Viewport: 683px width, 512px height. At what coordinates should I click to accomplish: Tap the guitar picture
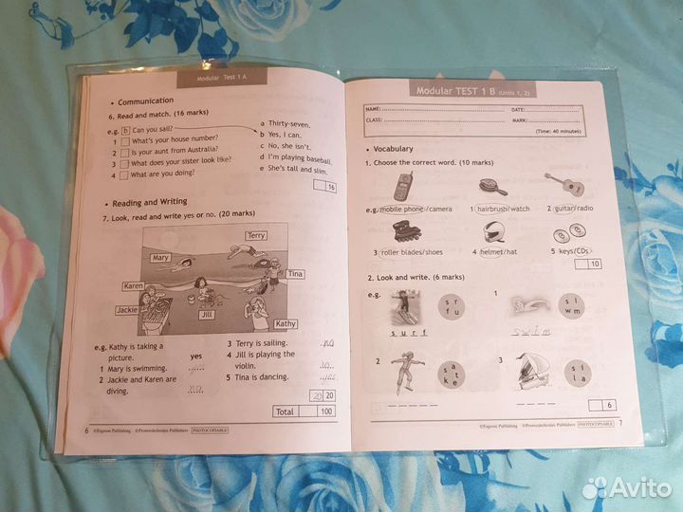click(562, 184)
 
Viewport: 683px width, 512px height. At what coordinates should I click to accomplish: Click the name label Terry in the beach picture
click(255, 235)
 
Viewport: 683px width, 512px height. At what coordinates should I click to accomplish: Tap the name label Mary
click(160, 258)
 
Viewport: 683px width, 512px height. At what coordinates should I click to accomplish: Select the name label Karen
click(133, 286)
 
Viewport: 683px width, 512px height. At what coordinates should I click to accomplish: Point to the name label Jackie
click(127, 310)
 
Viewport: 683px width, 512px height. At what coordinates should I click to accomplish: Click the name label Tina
click(295, 274)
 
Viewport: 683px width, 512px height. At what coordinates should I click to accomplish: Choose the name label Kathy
click(286, 324)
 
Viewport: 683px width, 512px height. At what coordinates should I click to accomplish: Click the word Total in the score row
click(284, 411)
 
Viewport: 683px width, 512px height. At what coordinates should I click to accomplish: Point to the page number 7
click(619, 423)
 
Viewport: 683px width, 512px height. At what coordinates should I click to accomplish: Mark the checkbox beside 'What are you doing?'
click(124, 175)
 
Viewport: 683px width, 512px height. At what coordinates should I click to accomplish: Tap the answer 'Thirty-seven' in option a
click(290, 124)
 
